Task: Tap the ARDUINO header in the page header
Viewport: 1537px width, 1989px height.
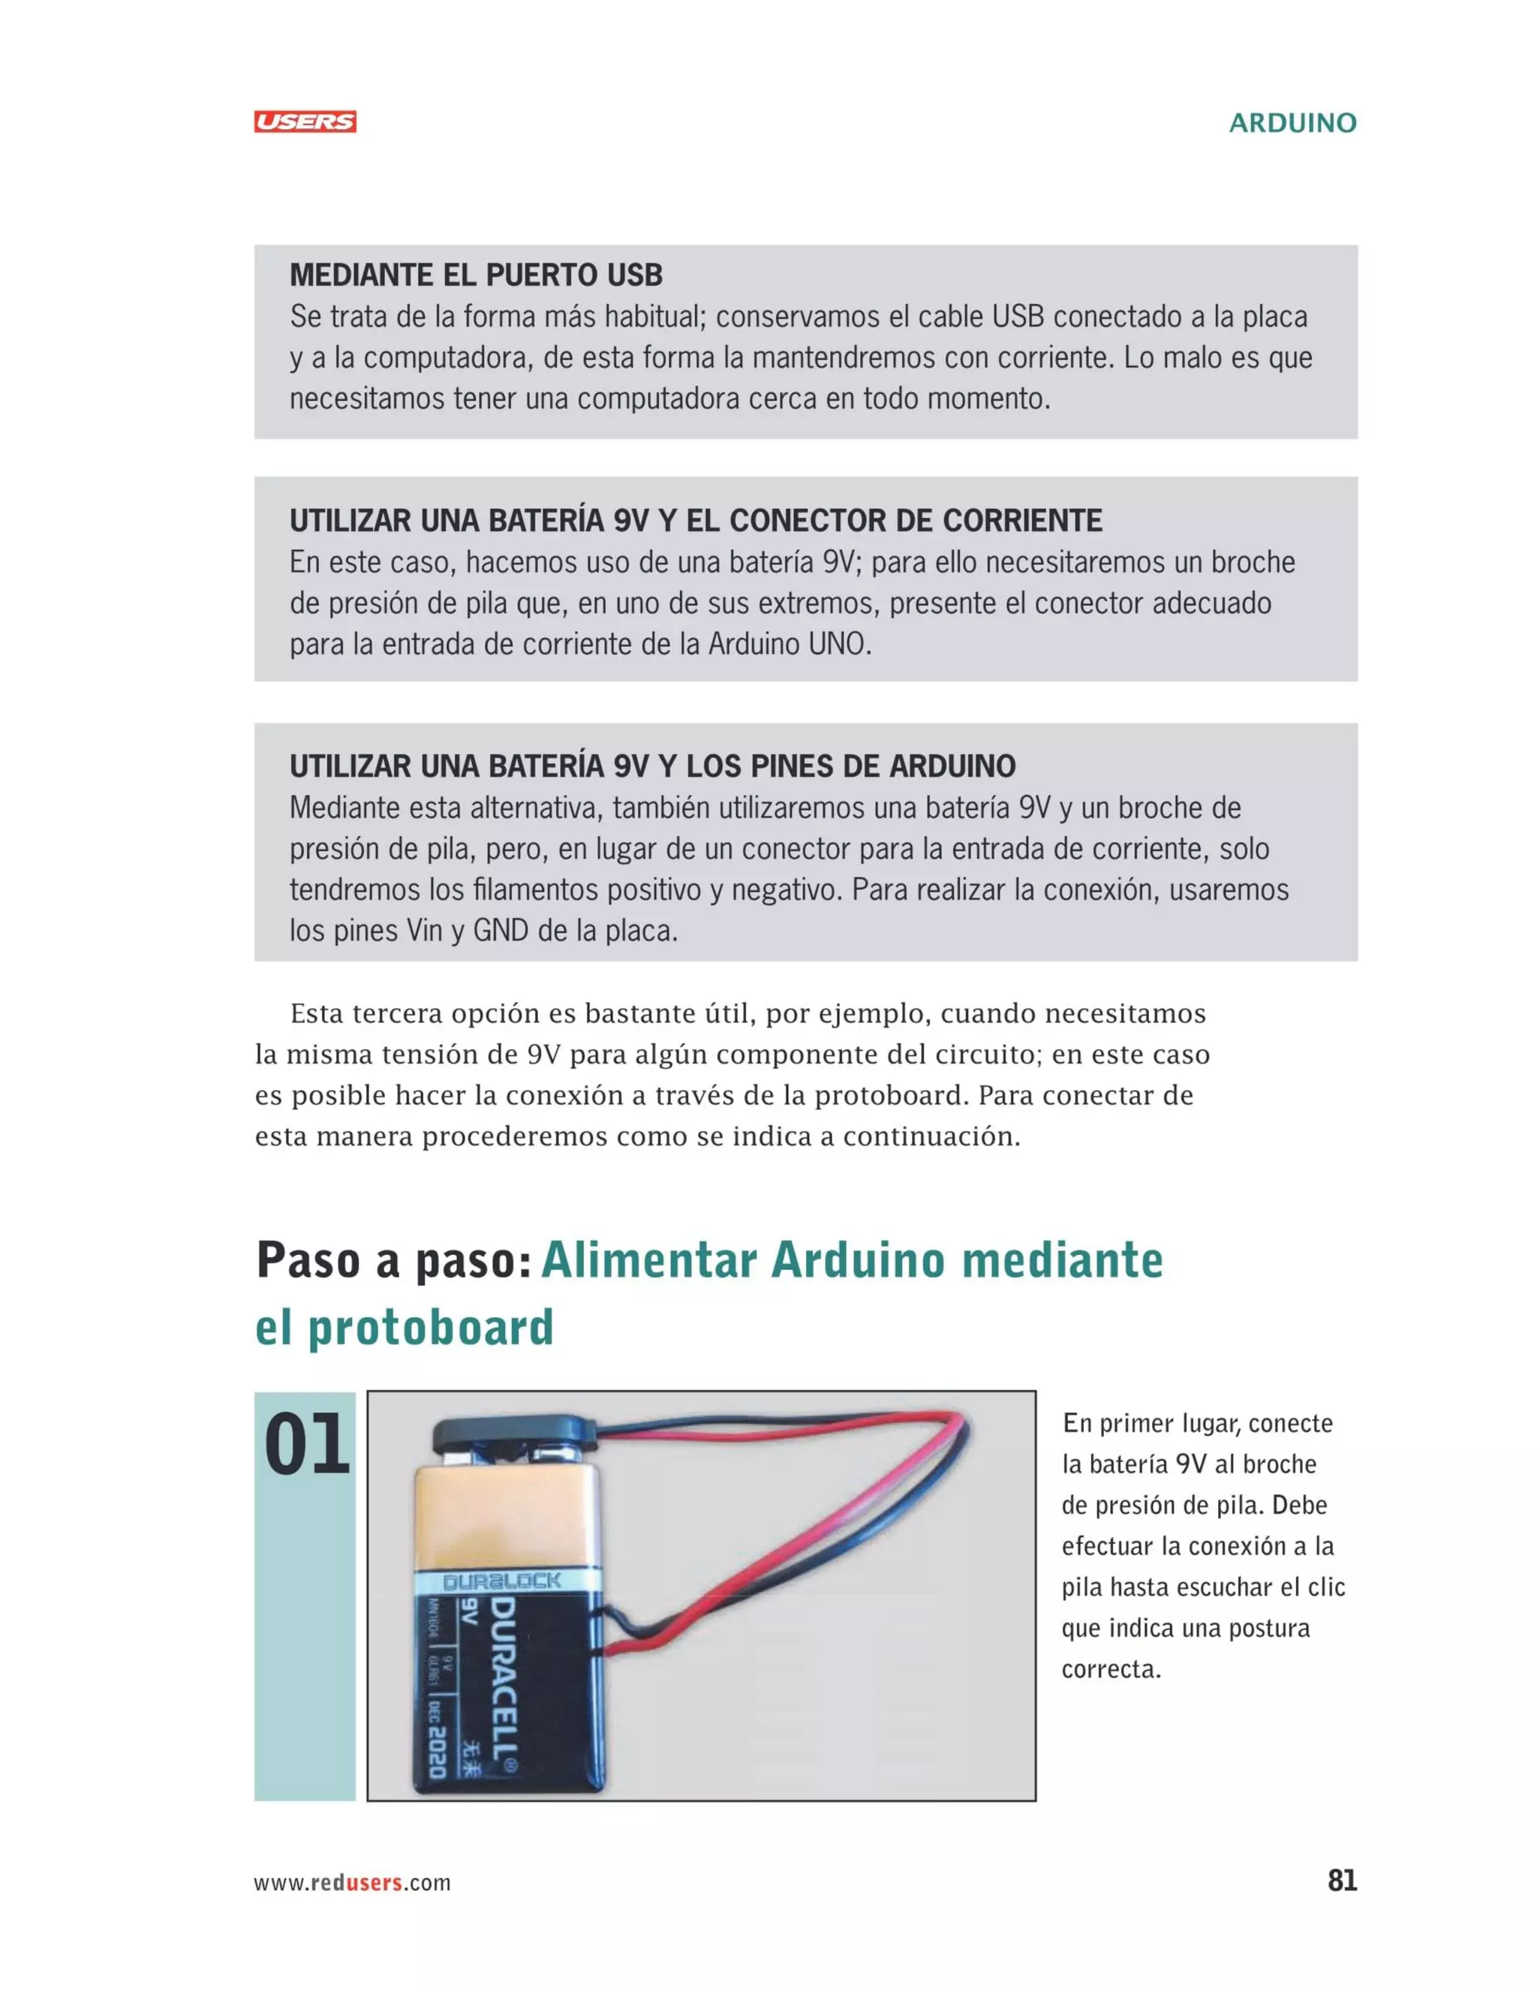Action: (1292, 123)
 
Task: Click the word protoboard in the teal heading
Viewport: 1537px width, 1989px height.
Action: (431, 1327)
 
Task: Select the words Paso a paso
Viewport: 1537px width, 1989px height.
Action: (393, 1260)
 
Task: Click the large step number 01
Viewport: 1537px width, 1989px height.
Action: (306, 1446)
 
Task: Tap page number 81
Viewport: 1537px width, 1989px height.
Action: (1342, 1881)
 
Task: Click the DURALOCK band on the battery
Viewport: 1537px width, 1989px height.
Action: (502, 1581)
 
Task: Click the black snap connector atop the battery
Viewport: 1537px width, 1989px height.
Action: (514, 1434)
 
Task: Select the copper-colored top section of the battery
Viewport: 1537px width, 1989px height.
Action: (505, 1512)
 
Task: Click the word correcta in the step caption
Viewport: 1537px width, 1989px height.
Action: (1111, 1669)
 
